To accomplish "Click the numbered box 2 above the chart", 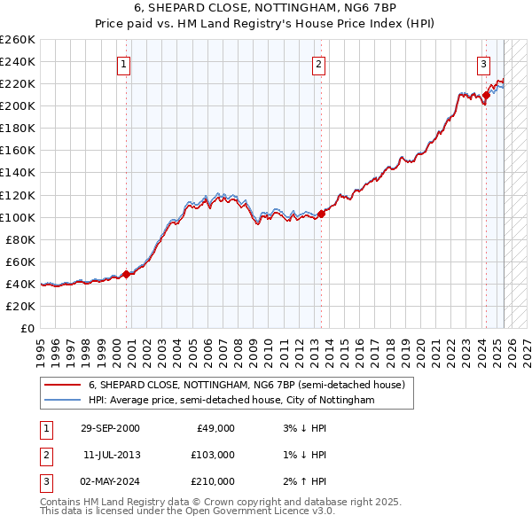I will [317, 64].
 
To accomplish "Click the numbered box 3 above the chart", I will [483, 64].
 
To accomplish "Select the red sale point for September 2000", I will [127, 274].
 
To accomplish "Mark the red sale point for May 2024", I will [486, 95].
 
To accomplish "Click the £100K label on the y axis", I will [17, 217].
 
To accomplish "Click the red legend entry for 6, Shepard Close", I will [246, 385].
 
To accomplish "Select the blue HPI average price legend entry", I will [231, 400].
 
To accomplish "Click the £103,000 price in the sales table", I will [214, 455].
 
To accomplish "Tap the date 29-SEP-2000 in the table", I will [110, 428].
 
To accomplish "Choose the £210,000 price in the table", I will [214, 481].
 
